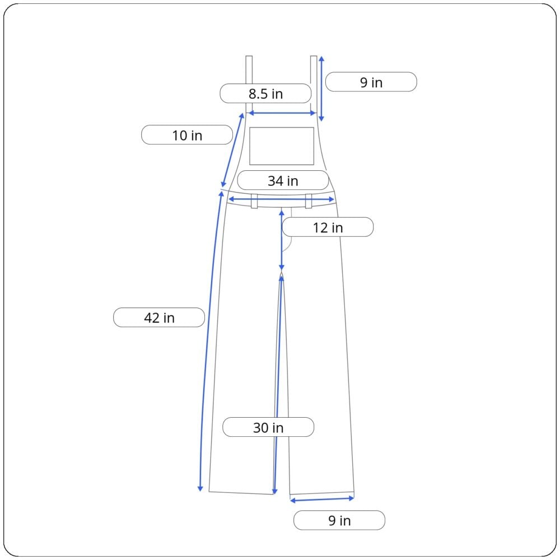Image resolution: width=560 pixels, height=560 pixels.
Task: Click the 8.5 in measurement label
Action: (x=265, y=94)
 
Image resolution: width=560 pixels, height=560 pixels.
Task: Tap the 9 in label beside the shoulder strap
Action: (x=371, y=82)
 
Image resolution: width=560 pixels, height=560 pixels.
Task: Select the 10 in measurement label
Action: (x=187, y=135)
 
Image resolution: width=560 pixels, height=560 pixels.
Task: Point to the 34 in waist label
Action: (x=283, y=180)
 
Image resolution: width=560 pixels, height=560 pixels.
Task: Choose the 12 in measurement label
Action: (x=328, y=227)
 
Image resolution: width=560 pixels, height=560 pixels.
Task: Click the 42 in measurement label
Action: (x=159, y=317)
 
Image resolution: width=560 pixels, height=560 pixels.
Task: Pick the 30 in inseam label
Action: (x=268, y=427)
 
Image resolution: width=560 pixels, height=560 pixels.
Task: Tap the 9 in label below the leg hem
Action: (x=339, y=520)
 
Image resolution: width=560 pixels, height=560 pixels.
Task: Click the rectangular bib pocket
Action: (x=282, y=146)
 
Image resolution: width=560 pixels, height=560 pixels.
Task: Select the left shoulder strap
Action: (x=249, y=85)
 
